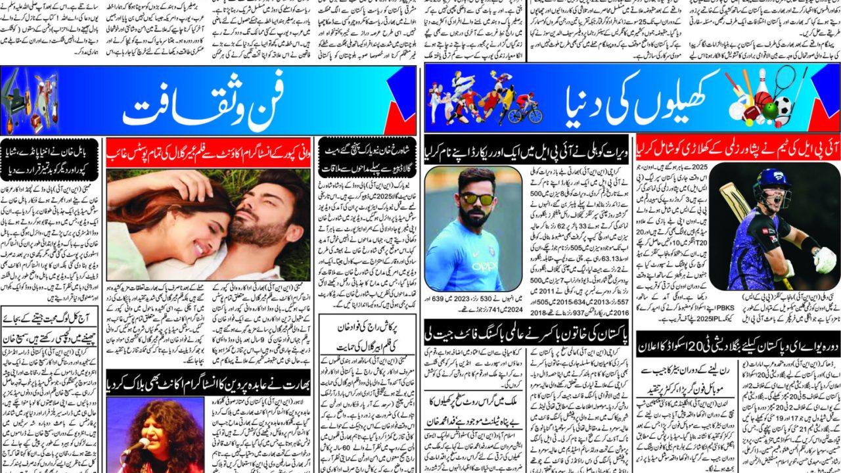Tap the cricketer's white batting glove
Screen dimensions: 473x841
(x=824, y=259)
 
